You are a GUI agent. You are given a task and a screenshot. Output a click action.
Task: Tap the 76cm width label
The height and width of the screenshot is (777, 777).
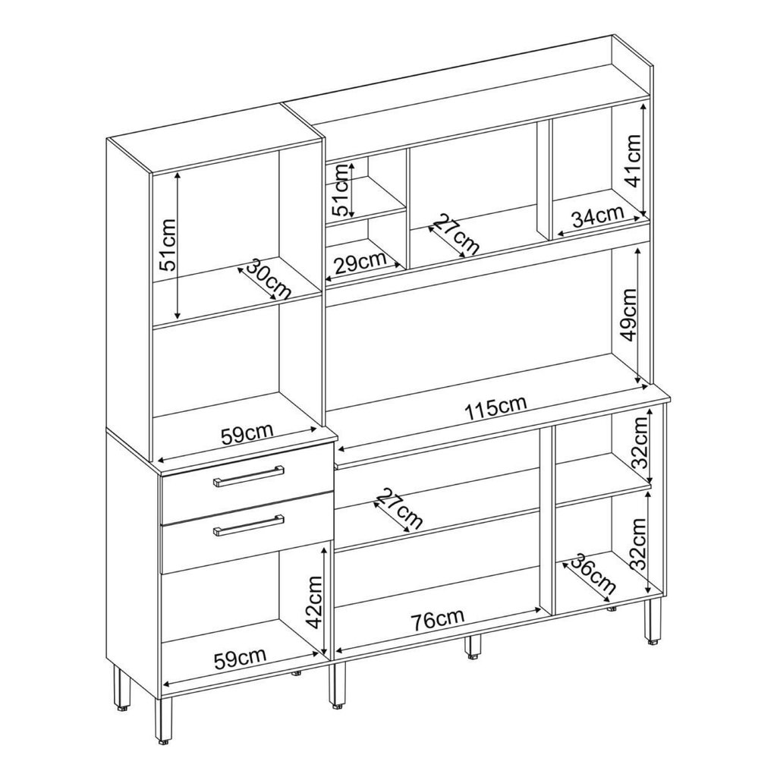(437, 619)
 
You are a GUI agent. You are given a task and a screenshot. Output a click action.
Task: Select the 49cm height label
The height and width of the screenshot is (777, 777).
(628, 315)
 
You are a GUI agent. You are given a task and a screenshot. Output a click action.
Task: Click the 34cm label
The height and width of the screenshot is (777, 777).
(597, 216)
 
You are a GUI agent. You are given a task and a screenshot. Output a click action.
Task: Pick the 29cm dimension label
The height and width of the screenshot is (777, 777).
(360, 263)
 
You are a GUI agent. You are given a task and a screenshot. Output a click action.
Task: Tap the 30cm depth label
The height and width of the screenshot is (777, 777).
(268, 278)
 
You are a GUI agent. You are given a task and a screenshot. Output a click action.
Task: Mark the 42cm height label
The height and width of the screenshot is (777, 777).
(314, 602)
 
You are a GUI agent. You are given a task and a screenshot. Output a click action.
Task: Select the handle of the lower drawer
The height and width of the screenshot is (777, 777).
(248, 525)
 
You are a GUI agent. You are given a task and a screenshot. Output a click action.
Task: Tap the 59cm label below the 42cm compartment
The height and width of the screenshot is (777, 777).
(240, 658)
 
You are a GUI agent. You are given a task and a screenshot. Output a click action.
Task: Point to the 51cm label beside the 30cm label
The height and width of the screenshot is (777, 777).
(167, 244)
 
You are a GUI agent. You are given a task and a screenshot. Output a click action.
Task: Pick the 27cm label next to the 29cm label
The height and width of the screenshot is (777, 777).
(457, 234)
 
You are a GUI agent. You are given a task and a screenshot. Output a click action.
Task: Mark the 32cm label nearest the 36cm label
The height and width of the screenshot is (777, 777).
(639, 543)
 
